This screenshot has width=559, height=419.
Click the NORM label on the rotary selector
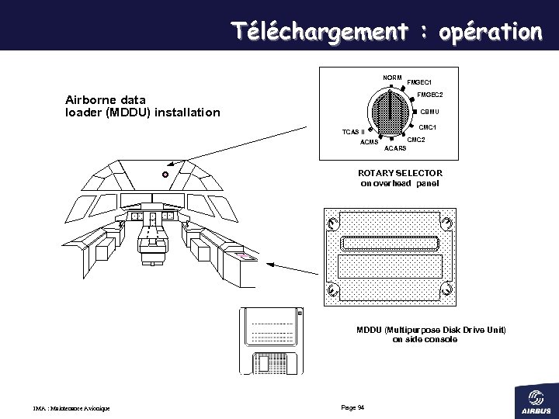click(391, 78)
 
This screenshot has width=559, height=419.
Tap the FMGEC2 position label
click(429, 95)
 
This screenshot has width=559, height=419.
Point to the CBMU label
click(429, 112)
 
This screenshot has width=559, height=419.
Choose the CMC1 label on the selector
click(428, 127)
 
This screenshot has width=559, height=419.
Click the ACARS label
click(395, 147)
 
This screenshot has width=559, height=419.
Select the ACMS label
click(369, 142)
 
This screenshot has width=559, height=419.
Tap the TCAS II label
click(353, 132)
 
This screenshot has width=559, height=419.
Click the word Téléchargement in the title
click(319, 32)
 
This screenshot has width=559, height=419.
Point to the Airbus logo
click(536, 399)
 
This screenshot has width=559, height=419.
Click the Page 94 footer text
click(352, 408)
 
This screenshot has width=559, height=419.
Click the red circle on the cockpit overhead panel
click(165, 175)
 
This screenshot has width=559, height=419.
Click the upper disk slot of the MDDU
click(394, 243)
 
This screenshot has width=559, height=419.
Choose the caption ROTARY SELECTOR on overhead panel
click(400, 178)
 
